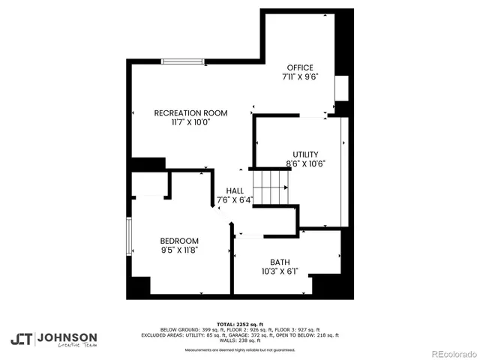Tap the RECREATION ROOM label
coord(190,113)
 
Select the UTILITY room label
coord(305,154)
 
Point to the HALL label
coord(235,191)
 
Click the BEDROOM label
coord(179,241)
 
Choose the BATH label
coord(280,262)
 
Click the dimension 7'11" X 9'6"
coord(301,76)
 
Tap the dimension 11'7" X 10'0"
coord(190,122)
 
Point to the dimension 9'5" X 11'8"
coord(179,250)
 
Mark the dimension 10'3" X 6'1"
coord(280,271)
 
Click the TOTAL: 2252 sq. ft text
coord(239,324)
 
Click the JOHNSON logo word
coord(67,337)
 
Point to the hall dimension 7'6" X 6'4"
coord(235,200)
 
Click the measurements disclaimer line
coord(239,349)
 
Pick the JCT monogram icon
coord(22,339)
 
